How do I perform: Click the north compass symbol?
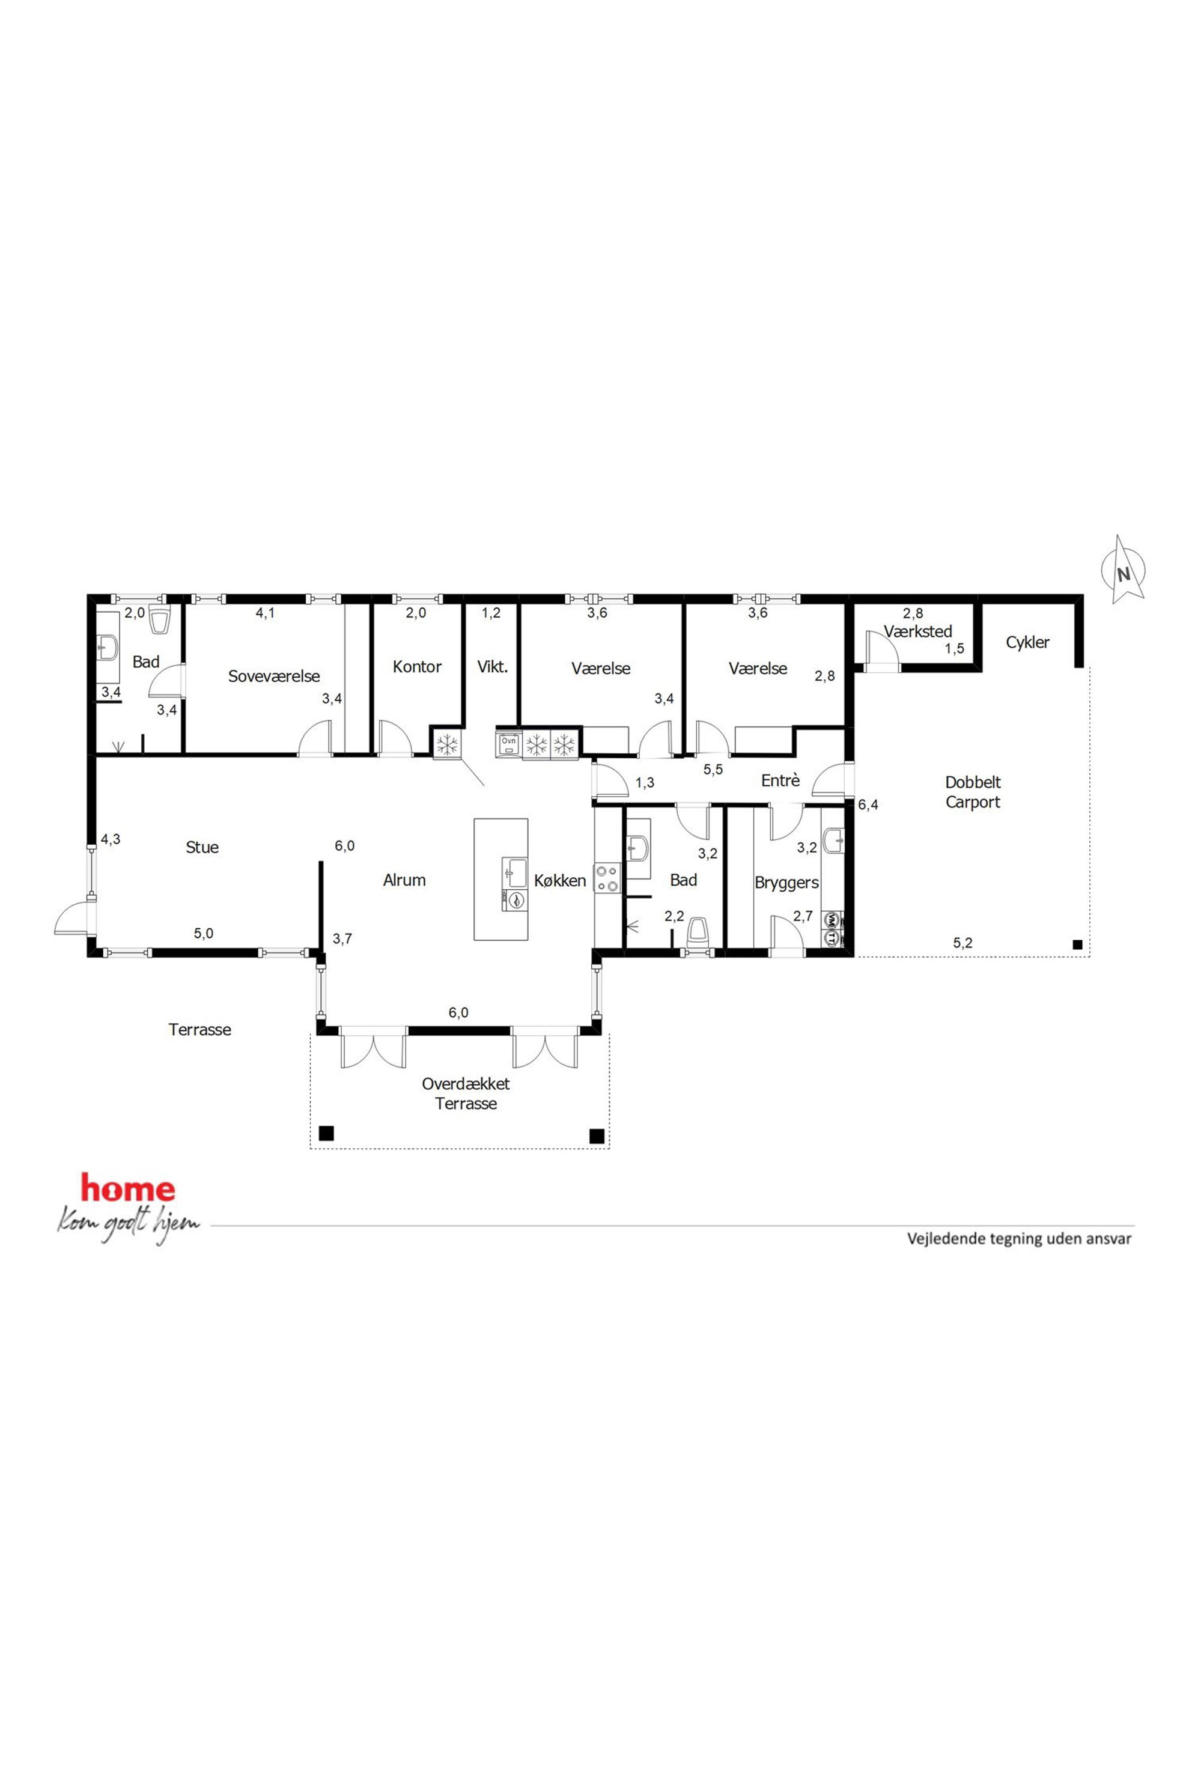coord(1124,570)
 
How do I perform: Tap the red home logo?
coord(128,1190)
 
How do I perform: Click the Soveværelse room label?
coord(274,677)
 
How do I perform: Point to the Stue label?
coord(202,847)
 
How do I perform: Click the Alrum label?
coord(404,880)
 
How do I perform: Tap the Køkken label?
coord(561,880)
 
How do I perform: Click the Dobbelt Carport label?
coord(973,791)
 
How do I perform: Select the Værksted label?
coord(917,631)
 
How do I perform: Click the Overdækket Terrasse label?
coord(466,1093)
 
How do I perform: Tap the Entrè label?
coord(780,780)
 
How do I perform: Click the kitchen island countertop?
coord(501,879)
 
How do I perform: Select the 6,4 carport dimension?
coord(868,805)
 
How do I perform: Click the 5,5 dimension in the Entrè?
coord(713,769)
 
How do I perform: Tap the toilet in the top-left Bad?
coord(159,620)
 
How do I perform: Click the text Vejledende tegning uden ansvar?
coord(1020,1238)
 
